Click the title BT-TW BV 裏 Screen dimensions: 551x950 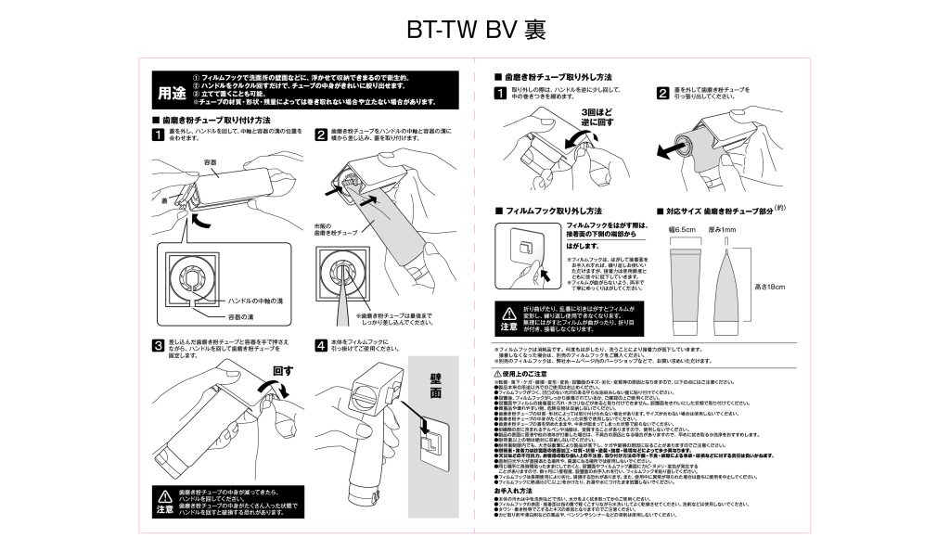click(x=475, y=29)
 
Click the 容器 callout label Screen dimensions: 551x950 click(x=211, y=161)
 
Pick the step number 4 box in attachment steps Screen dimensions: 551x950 click(x=320, y=346)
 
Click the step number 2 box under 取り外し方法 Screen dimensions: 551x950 click(x=662, y=92)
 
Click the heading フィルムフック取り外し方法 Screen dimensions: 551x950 click(x=553, y=211)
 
